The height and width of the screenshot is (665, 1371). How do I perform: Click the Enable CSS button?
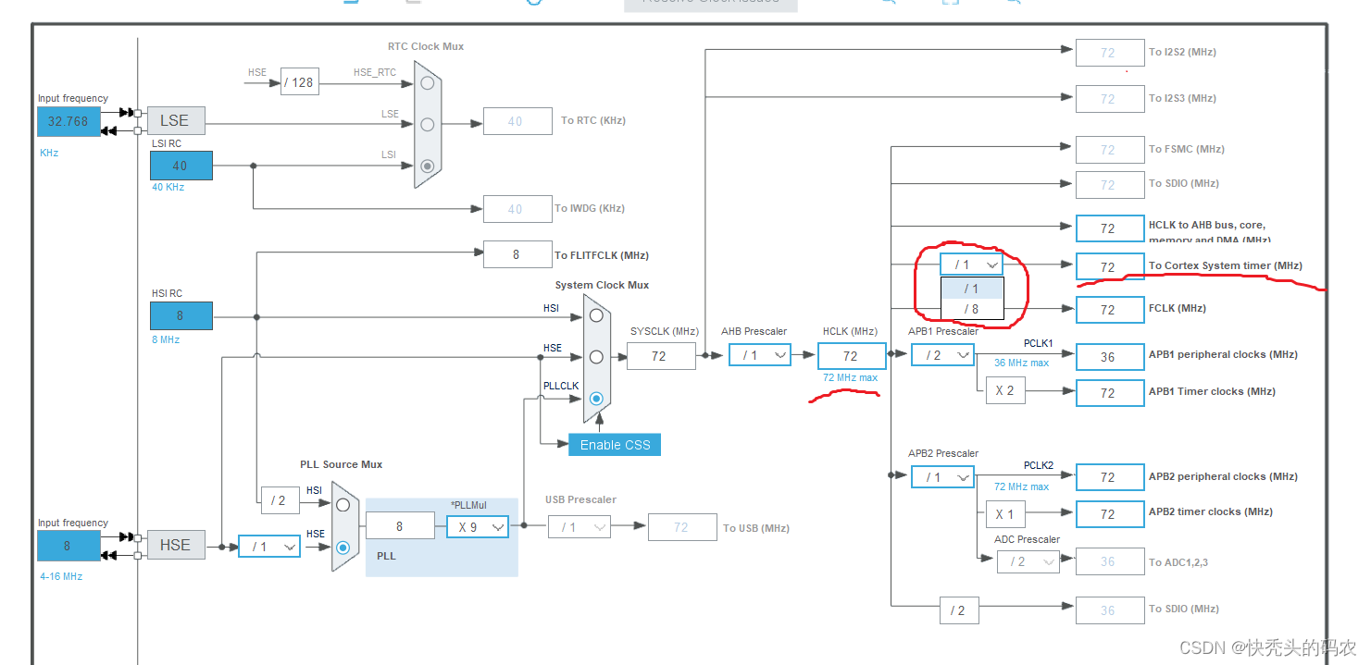615,445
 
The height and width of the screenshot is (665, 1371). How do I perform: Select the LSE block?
175,120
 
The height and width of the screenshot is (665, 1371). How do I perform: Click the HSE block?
175,545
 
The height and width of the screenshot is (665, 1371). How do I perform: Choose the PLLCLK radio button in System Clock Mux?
596,399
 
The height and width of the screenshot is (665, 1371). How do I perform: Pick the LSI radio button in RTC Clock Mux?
427,166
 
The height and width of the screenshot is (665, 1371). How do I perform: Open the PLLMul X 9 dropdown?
478,526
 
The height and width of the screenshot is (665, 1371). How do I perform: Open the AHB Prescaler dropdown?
759,355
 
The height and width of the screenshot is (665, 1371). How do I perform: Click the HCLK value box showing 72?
850,355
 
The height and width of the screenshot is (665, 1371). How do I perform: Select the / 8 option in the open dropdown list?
971,309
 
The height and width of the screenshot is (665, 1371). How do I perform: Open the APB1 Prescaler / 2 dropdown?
942,355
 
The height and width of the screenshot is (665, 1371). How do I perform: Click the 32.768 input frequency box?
69,121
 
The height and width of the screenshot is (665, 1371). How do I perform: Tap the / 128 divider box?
298,82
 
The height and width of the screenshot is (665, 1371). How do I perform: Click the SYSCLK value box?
660,355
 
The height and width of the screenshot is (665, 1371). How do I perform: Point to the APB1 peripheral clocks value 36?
1109,357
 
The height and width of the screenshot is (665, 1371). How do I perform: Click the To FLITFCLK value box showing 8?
516,254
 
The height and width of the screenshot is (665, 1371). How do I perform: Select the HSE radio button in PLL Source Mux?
343,547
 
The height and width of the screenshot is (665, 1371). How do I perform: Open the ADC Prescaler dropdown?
1028,561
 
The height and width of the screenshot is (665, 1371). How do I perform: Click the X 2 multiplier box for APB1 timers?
1004,391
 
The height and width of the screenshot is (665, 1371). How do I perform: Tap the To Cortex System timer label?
1225,265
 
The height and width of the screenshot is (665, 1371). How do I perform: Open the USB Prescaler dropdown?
579,527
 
